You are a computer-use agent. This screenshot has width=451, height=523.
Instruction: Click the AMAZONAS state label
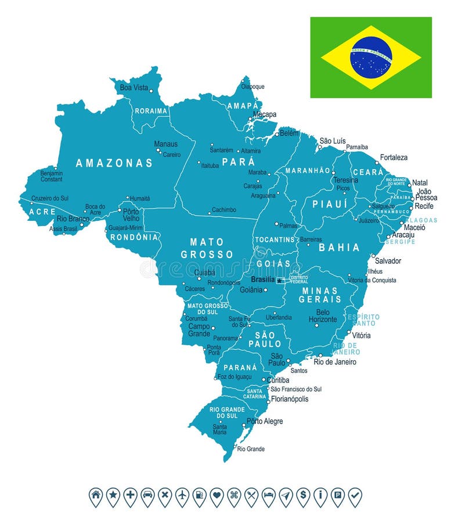pyautogui.click(x=114, y=163)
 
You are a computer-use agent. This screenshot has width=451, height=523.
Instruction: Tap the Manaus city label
pyautogui.click(x=165, y=144)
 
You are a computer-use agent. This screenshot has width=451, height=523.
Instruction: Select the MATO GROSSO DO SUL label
pyautogui.click(x=207, y=309)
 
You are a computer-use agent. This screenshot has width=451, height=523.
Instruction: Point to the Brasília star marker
pyautogui.click(x=279, y=281)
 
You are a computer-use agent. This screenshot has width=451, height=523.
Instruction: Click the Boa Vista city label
pyautogui.click(x=134, y=88)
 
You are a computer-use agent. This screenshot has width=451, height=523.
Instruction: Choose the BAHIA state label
pyautogui.click(x=339, y=248)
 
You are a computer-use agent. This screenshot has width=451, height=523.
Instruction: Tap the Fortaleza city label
pyautogui.click(x=394, y=157)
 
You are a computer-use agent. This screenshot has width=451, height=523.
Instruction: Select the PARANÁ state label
pyautogui.click(x=240, y=367)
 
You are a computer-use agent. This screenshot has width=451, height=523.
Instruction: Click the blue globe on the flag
pyautogui.click(x=371, y=58)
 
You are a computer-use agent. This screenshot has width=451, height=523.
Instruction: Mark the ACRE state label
pyautogui.click(x=43, y=212)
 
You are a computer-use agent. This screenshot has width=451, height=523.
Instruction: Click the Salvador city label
pyautogui.click(x=388, y=261)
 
